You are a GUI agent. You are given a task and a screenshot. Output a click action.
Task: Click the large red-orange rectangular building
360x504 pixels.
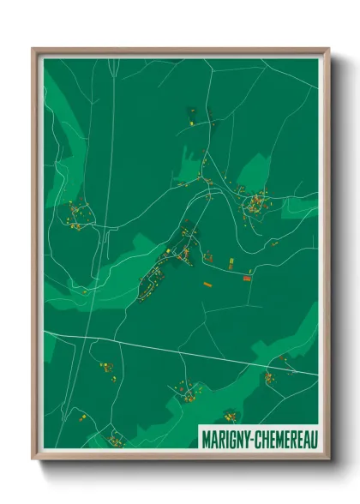tap(247, 278)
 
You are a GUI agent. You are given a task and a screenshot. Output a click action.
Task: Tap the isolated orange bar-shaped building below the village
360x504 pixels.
tap(207, 283)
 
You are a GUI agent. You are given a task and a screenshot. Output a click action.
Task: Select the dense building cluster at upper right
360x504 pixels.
tap(256, 204)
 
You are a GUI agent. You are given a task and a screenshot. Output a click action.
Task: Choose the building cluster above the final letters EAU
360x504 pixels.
tap(270, 375)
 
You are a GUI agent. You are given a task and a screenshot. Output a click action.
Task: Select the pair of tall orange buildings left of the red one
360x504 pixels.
tap(231, 265)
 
